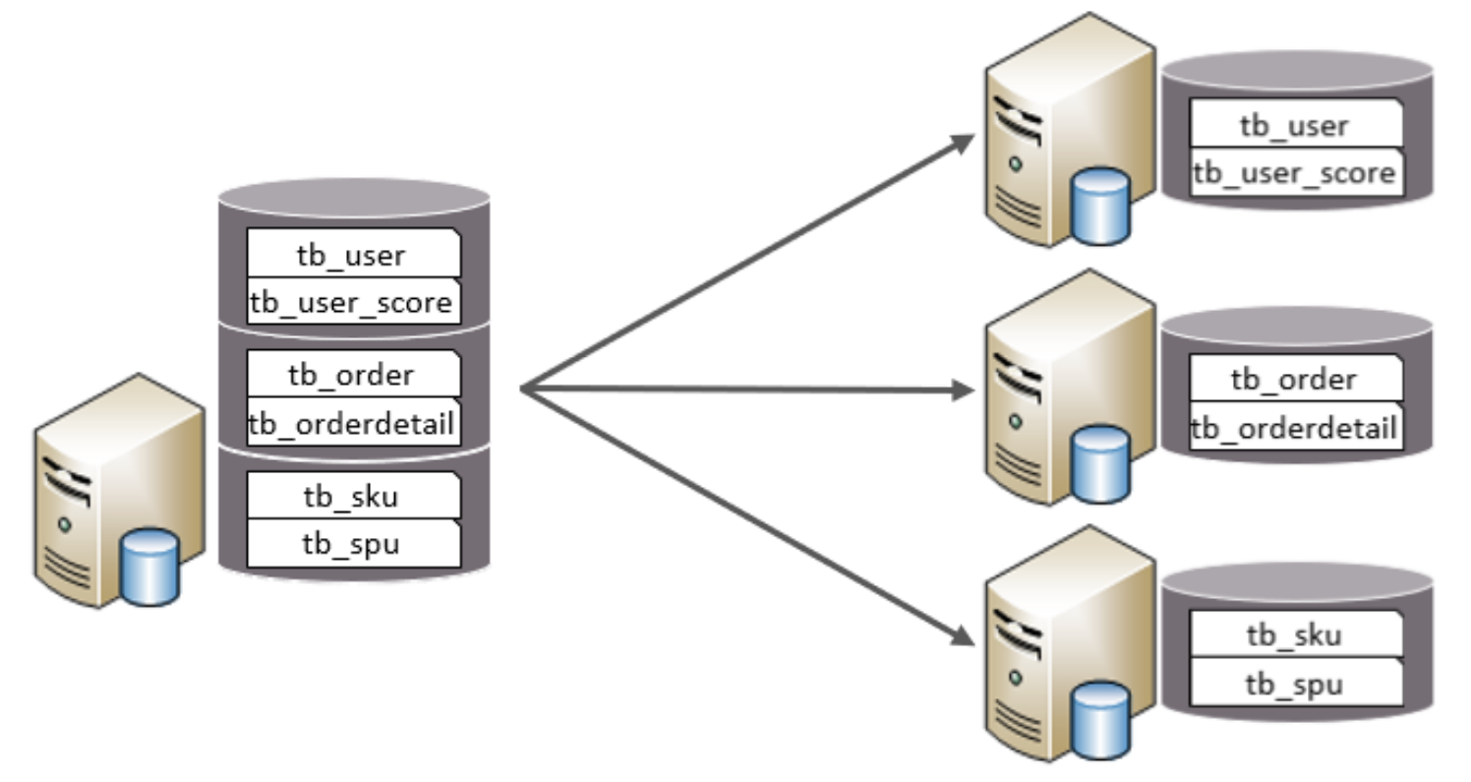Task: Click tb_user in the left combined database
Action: [x=352, y=255]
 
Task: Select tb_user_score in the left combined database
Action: [x=352, y=301]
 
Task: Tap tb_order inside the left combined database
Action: [x=352, y=375]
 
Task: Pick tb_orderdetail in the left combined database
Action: [x=352, y=424]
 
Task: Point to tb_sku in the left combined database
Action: [x=352, y=496]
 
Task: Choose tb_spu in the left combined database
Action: [x=352, y=544]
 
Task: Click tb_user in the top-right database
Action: [x=1295, y=125]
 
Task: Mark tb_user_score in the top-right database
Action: [x=1295, y=173]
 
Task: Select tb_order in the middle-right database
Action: [x=1295, y=379]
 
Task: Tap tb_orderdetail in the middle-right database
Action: [x=1295, y=428]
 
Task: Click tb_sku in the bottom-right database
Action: [x=1295, y=634]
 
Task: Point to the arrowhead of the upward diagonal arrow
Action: [x=964, y=141]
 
